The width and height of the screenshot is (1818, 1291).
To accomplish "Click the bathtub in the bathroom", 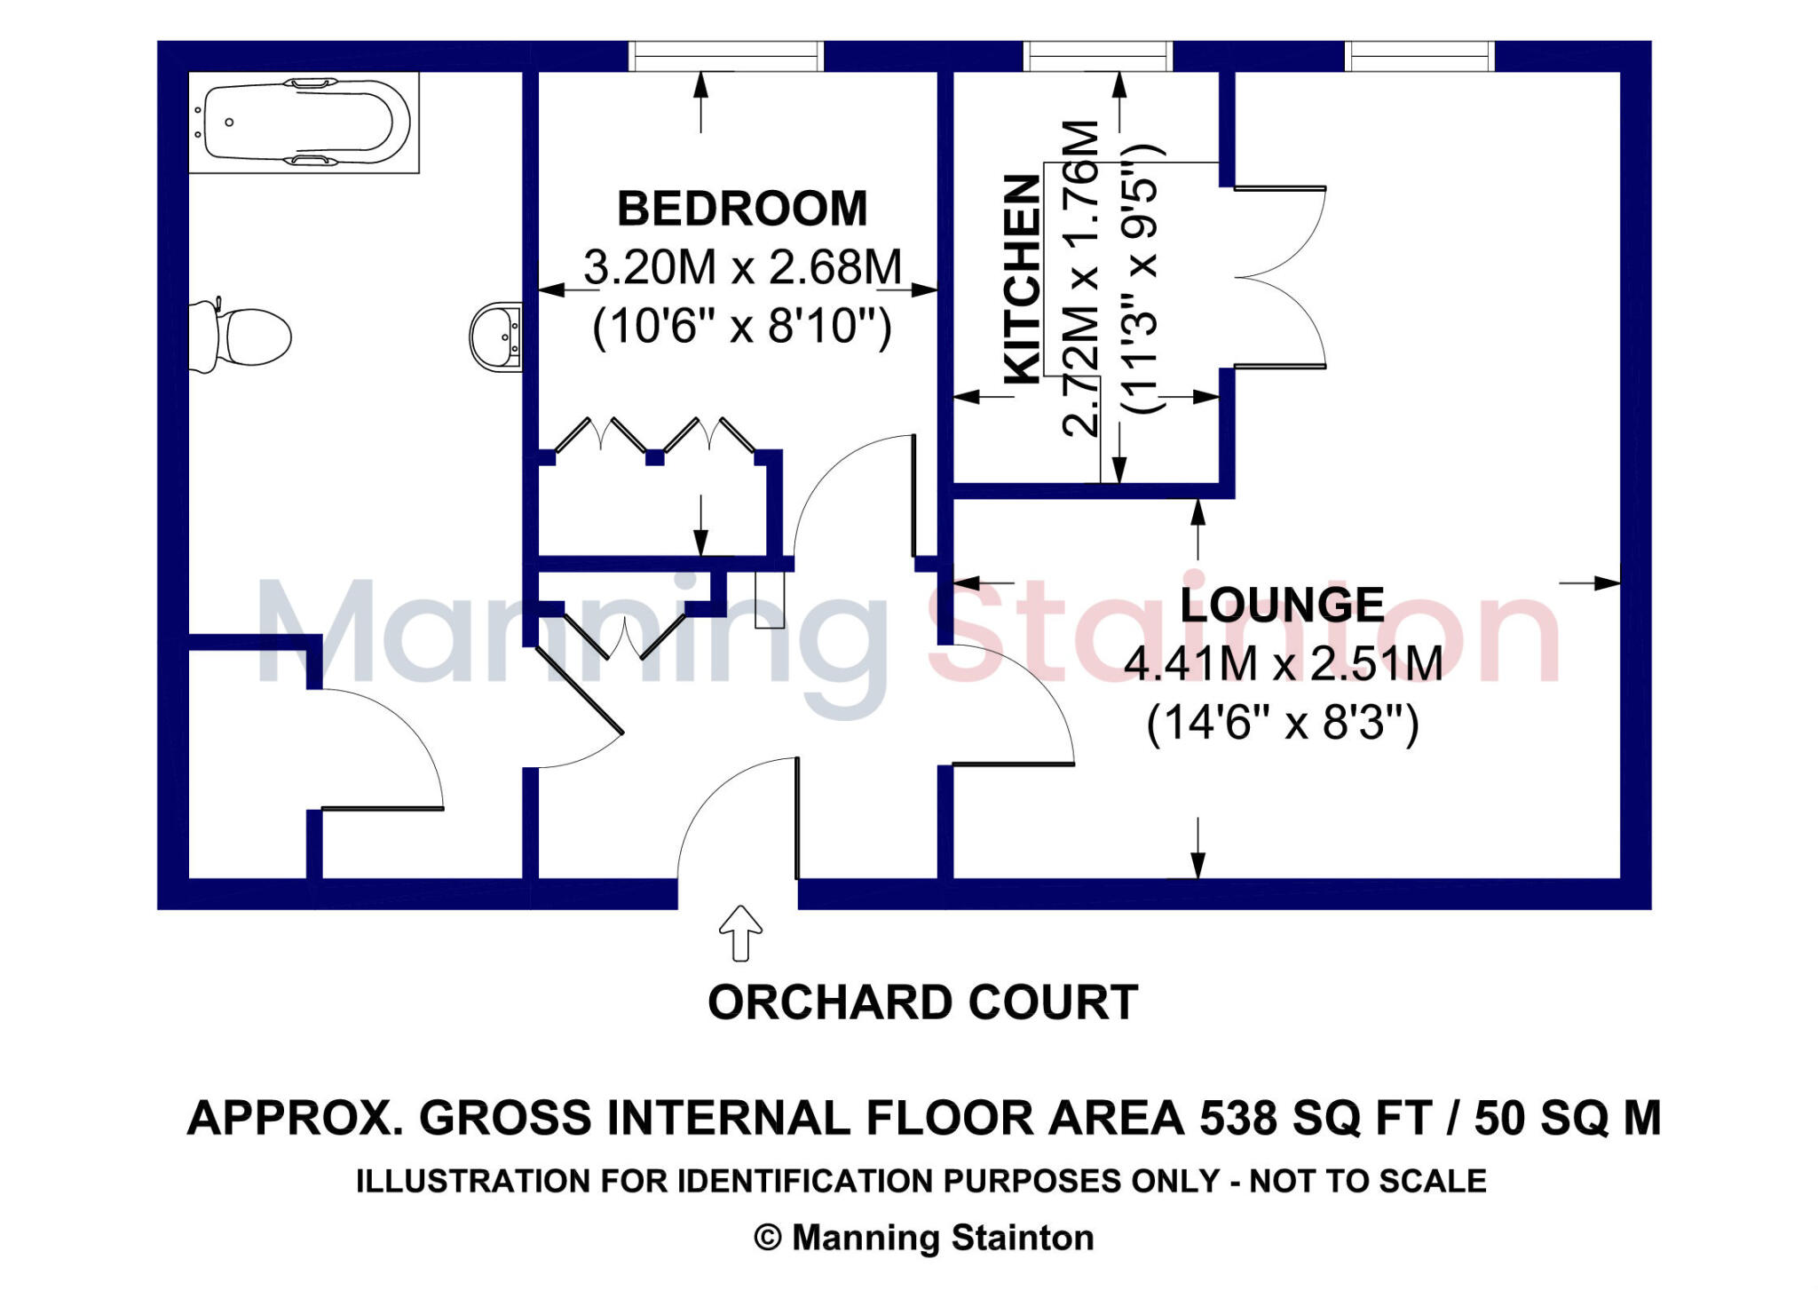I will (x=302, y=122).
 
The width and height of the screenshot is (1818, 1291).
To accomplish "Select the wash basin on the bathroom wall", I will (x=496, y=337).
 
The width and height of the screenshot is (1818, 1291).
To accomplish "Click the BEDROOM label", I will (x=742, y=210).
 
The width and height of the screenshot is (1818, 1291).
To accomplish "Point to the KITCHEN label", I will (x=1022, y=279).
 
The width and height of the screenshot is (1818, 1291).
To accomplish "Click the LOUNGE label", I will (x=1282, y=606).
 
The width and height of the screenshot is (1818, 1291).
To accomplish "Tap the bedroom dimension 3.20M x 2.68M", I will (x=742, y=267).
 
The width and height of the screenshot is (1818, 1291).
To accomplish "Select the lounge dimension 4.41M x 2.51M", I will (x=1283, y=664).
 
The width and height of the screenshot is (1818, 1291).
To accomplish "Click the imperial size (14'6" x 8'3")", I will (x=1283, y=723).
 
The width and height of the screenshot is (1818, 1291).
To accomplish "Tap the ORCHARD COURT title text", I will (x=922, y=1002).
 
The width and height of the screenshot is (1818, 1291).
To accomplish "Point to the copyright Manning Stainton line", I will (x=923, y=1238).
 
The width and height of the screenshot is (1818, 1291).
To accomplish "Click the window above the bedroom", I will (x=726, y=56).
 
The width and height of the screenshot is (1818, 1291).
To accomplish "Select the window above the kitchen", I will (x=1098, y=56).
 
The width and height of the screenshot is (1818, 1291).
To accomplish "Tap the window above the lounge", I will (x=1420, y=56).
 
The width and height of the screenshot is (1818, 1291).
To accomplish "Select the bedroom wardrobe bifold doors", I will (x=654, y=436).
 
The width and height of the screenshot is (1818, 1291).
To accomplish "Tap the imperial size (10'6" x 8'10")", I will (x=742, y=327).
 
